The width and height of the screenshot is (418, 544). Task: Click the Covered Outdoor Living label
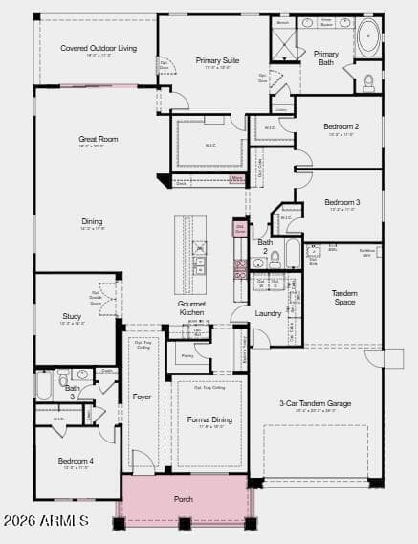tap(98, 48)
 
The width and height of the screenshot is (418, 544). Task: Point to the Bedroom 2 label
tap(341, 126)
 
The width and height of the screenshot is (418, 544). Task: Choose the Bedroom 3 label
tap(341, 202)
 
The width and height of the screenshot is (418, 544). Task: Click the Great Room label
tap(98, 139)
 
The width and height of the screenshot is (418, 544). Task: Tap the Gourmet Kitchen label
tap(191, 307)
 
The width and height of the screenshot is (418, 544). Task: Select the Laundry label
tap(268, 313)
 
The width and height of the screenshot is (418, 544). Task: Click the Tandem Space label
tap(344, 297)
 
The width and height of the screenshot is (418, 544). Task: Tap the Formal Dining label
tap(209, 419)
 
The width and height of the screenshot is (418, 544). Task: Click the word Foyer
tap(142, 397)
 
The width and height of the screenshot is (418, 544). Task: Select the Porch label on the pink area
tap(184, 499)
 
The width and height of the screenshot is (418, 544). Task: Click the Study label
tap(73, 315)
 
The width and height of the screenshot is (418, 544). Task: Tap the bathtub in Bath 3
tap(45, 386)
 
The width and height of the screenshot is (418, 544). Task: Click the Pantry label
tap(187, 355)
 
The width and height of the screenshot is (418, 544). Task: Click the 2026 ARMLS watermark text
tap(46, 521)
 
